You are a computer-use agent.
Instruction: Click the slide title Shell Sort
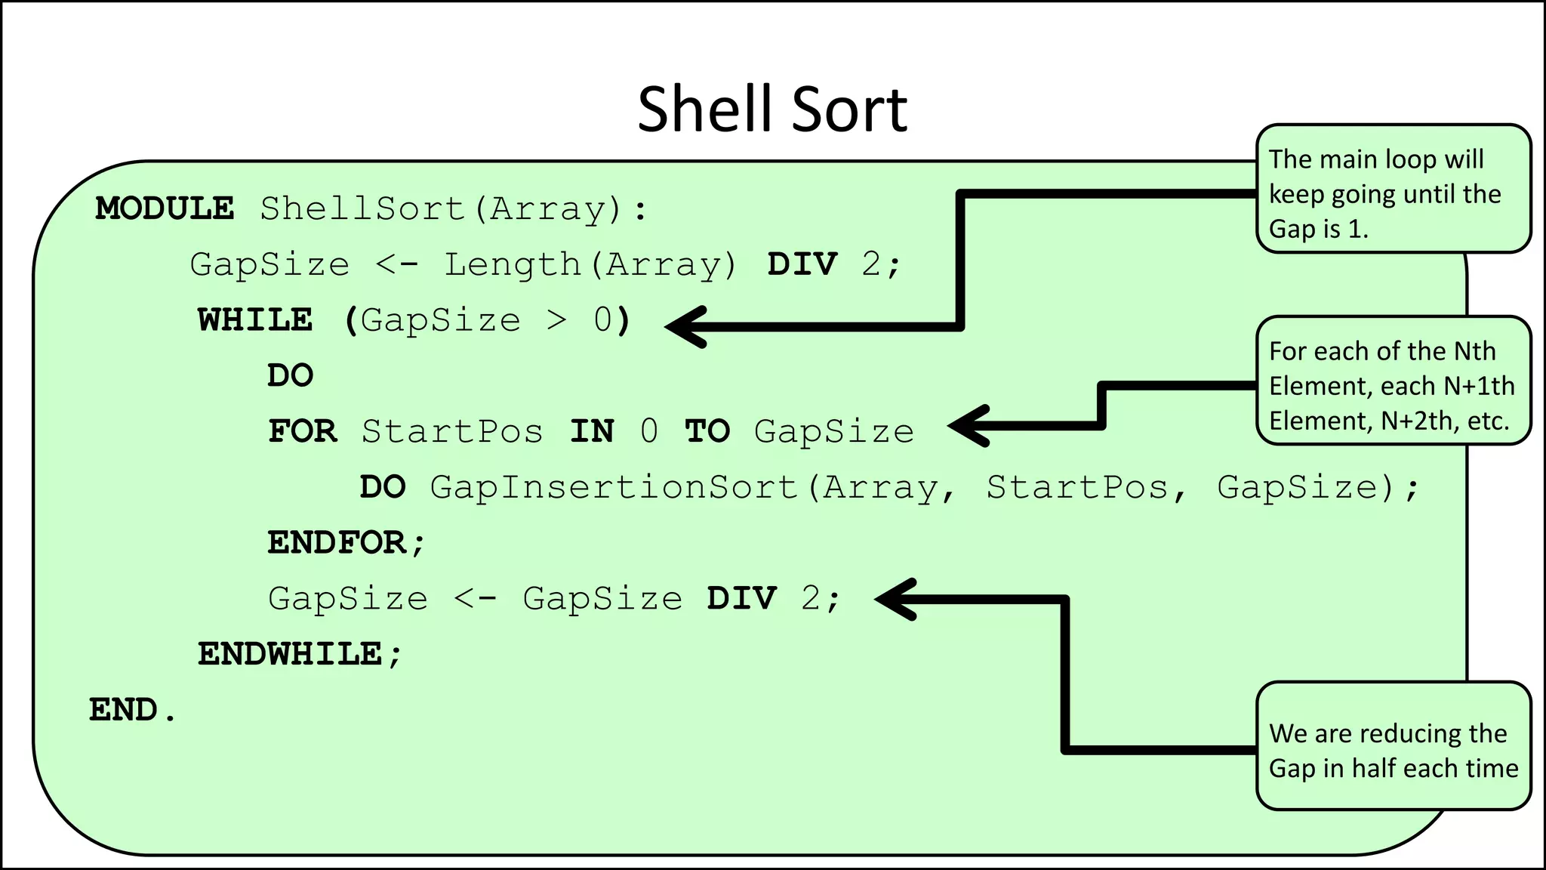pos(772,110)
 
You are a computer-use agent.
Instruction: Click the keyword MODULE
pos(165,208)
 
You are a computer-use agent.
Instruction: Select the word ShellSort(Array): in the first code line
pos(454,209)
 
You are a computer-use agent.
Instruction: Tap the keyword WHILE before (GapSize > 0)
pos(255,320)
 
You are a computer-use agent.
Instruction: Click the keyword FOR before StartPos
pos(303,431)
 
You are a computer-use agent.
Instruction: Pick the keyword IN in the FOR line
pos(592,431)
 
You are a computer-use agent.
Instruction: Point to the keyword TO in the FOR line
pos(707,431)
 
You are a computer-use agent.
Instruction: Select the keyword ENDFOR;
pos(346,543)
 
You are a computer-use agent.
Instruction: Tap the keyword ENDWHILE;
pos(300,654)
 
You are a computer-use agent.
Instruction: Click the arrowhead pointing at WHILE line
pos(683,326)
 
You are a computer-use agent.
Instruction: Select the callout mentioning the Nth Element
pos(1393,381)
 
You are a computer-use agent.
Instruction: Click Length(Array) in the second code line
pos(590,265)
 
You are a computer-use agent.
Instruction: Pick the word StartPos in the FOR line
pos(452,431)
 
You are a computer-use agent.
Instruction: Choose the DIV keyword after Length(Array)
pos(802,265)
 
